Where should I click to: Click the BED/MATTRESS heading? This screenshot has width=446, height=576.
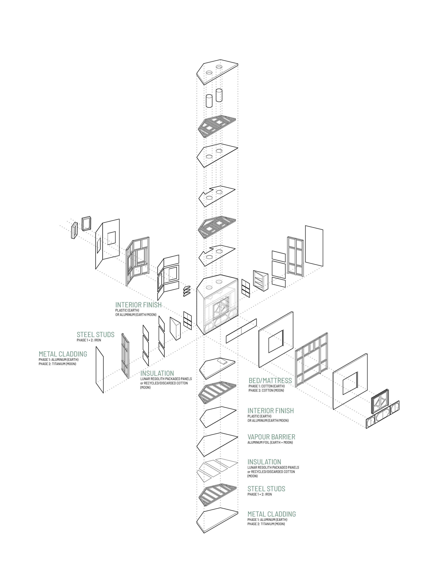pyautogui.click(x=270, y=380)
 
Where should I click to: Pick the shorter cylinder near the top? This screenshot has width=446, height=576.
pyautogui.click(x=209, y=101)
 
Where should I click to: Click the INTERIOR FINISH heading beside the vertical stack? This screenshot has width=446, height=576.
pyautogui.click(x=270, y=411)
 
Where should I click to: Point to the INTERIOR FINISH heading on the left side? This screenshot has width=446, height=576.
pyautogui.click(x=138, y=305)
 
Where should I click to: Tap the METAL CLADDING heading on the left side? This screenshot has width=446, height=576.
pyautogui.click(x=63, y=354)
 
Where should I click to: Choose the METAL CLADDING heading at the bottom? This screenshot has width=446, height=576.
pyautogui.click(x=271, y=514)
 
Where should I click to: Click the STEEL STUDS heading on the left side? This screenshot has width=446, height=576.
pyautogui.click(x=95, y=335)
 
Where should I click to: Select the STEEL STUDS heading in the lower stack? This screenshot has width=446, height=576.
pyautogui.click(x=266, y=489)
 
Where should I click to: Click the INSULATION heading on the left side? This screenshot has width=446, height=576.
pyautogui.click(x=157, y=373)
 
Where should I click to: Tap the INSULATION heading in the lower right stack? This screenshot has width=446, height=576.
pyautogui.click(x=264, y=462)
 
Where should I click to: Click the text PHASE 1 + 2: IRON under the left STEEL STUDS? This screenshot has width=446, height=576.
pyautogui.click(x=89, y=340)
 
